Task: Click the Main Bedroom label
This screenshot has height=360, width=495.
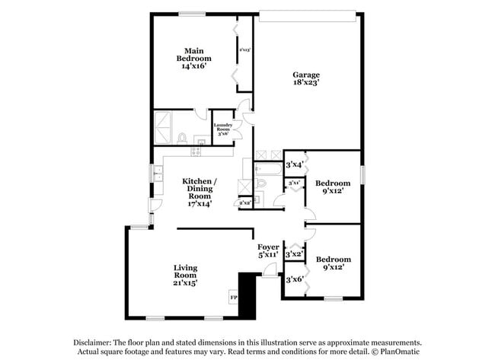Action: click(194, 59)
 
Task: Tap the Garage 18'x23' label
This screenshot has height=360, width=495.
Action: click(306, 79)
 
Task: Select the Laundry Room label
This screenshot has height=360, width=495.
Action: click(222, 128)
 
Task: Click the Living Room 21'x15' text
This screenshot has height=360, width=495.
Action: click(186, 275)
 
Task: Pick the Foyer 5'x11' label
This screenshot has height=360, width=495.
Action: click(267, 251)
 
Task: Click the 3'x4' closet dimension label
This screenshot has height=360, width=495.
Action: click(294, 164)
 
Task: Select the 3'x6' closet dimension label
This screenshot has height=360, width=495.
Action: click(294, 280)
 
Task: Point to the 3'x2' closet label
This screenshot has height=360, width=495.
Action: click(294, 253)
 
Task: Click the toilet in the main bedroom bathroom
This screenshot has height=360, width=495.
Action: click(182, 138)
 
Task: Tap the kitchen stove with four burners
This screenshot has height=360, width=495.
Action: click(195, 151)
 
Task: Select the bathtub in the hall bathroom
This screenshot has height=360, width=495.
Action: click(269, 183)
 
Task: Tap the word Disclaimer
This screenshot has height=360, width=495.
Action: click(94, 342)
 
